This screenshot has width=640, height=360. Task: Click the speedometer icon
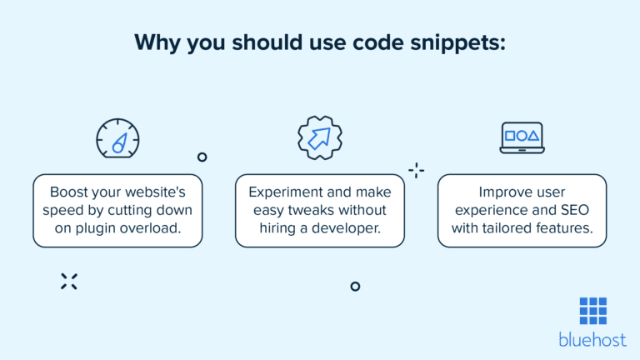coord(117,137)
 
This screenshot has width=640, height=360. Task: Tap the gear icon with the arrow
coord(320,137)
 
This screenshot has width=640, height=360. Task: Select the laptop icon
coord(522,138)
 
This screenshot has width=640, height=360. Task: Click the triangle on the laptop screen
coord(534,135)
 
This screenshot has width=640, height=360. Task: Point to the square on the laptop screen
coord(510,135)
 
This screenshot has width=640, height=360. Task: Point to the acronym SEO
coord(567,210)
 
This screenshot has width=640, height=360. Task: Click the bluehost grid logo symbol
coord(592,311)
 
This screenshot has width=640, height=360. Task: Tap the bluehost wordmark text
coord(592,339)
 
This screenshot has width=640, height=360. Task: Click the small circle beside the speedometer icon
coord(202,157)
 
